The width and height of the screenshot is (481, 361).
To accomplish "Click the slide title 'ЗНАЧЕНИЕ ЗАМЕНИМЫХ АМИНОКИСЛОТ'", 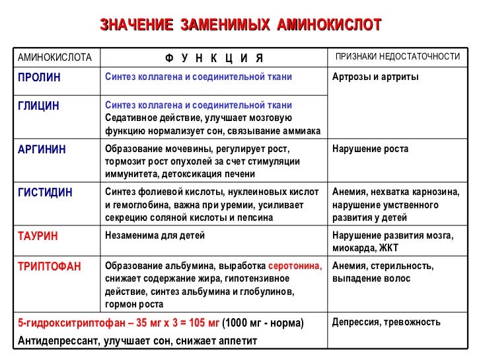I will point(240,25).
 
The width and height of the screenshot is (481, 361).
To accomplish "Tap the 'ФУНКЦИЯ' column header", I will point(214,58).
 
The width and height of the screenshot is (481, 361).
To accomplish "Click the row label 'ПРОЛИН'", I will point(39,77).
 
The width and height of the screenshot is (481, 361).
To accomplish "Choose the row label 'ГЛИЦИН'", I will point(38,106).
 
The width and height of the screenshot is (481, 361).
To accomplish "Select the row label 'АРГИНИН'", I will point(42,149).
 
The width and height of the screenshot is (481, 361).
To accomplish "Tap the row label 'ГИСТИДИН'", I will point(45,192).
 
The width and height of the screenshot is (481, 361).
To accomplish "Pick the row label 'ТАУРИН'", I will point(38,235).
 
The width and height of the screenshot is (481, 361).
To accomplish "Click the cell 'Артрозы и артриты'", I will point(375,77).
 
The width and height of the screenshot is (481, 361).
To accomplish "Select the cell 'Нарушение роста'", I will point(370,149).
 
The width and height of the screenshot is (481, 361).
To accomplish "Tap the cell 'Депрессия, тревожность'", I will point(386,322).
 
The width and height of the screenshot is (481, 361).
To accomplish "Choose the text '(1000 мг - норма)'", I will point(263,323).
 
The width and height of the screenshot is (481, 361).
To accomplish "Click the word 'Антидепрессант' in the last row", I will point(54,341).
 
